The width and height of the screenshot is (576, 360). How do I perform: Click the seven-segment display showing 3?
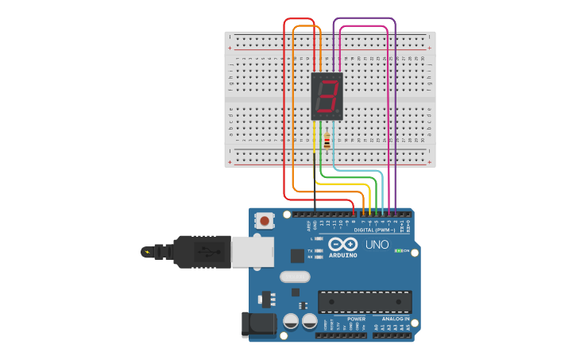[x=327, y=96]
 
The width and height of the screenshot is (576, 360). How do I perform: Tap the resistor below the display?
[x=327, y=141]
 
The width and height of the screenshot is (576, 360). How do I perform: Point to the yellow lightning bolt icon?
[x=146, y=252]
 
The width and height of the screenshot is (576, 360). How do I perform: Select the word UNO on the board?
[x=377, y=245]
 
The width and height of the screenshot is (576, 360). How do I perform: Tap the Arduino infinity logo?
[x=343, y=244]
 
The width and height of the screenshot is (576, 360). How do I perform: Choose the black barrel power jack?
[x=257, y=323]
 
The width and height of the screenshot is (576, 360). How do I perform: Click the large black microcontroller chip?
[x=365, y=301]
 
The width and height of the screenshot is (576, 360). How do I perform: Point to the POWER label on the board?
[x=356, y=319]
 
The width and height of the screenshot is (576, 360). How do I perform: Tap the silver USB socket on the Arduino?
[x=253, y=252]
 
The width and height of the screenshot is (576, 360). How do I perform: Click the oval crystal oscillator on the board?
[x=295, y=277]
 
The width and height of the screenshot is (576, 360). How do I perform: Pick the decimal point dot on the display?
[x=339, y=112]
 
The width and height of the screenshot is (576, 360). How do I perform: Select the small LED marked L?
[x=318, y=238]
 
